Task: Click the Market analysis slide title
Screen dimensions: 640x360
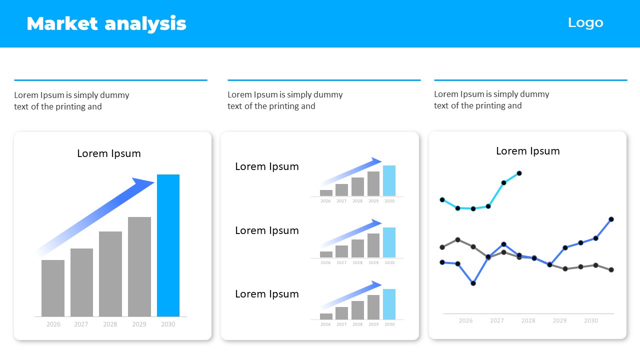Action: click(106, 23)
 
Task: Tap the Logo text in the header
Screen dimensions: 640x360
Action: click(585, 23)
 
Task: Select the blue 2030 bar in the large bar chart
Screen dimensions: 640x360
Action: click(168, 245)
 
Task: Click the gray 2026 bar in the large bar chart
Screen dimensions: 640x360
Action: click(53, 288)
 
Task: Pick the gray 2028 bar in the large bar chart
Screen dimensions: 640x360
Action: click(110, 274)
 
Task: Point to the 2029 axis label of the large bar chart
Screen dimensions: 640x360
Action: click(139, 324)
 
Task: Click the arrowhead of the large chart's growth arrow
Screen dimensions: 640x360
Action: click(143, 183)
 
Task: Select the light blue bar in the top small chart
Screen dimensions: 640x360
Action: click(389, 180)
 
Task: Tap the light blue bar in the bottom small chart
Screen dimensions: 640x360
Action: click(389, 304)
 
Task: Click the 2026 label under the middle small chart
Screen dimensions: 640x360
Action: click(325, 262)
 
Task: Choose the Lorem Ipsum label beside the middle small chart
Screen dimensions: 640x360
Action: click(267, 230)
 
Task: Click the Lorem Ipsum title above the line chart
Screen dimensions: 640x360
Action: click(527, 151)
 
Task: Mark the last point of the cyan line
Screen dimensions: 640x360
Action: click(519, 173)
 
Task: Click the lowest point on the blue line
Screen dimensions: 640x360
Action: click(473, 283)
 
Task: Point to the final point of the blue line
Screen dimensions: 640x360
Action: click(611, 219)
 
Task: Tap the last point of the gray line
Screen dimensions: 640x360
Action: click(611, 269)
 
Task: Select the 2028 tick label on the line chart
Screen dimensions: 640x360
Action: click(528, 320)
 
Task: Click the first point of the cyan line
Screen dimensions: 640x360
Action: click(442, 199)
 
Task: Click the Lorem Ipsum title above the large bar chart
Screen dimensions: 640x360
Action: click(109, 153)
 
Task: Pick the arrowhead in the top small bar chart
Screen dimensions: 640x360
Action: click(376, 161)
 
